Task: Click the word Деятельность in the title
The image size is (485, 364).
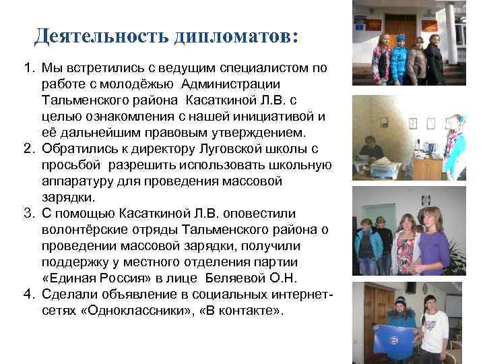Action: (100, 35)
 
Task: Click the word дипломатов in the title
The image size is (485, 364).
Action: (235, 35)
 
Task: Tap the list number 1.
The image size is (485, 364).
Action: (28, 69)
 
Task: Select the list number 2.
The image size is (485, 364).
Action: (28, 147)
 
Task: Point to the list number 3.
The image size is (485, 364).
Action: (28, 214)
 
